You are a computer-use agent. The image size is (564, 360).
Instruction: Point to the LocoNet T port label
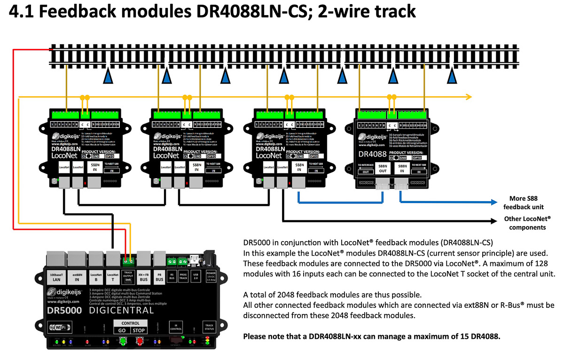point(113,277)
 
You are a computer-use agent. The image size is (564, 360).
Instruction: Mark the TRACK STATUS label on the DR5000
point(208,327)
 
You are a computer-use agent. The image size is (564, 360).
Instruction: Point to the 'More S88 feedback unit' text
point(523,202)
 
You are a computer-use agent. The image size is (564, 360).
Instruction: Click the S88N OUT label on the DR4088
point(383,169)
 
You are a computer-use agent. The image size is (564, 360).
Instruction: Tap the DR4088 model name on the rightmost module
point(373,154)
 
